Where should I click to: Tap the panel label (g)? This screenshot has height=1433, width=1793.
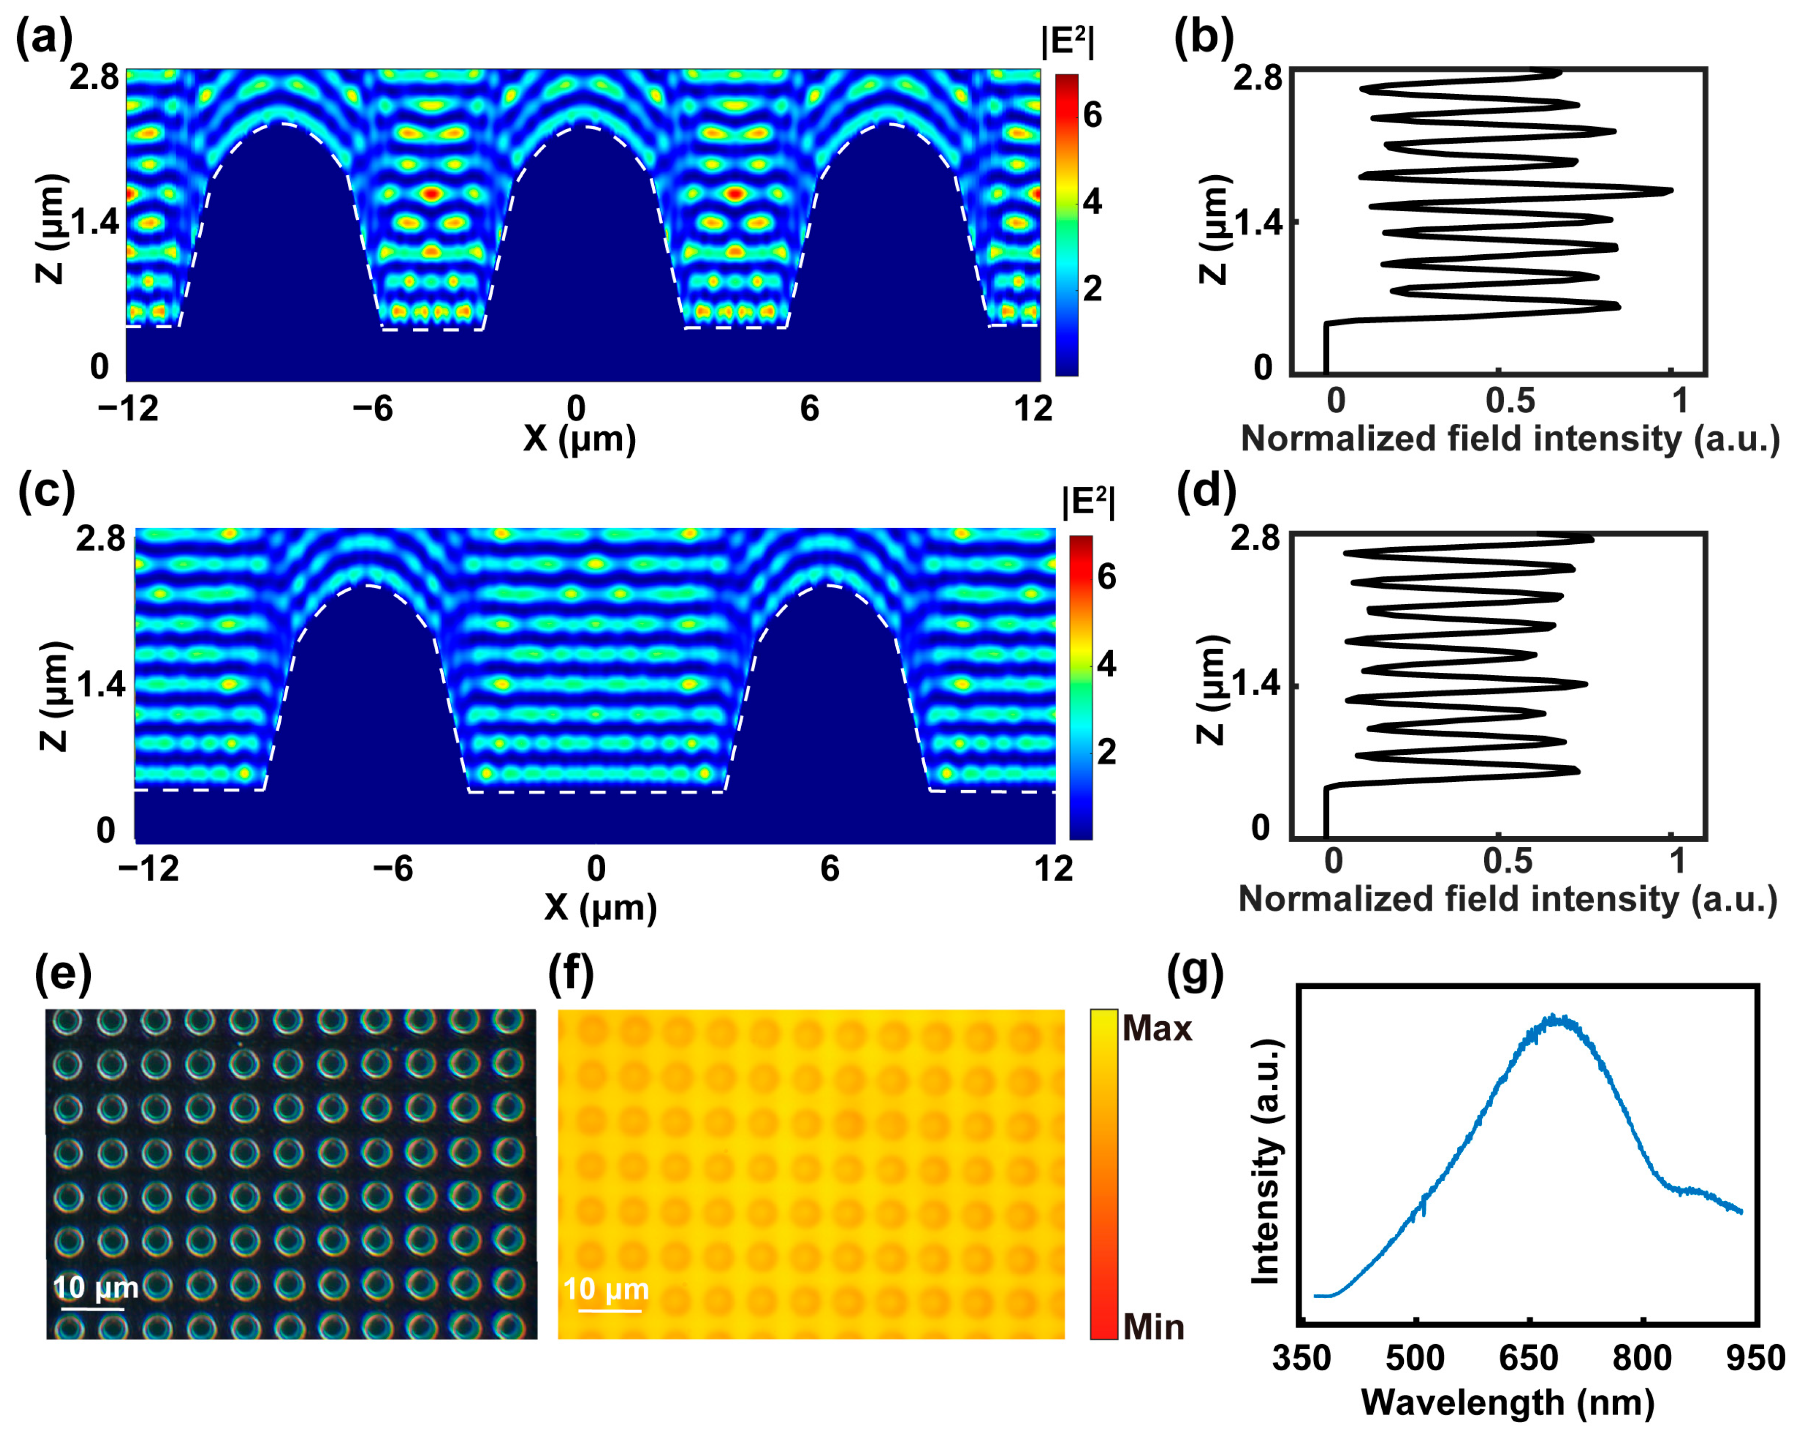[1195, 974]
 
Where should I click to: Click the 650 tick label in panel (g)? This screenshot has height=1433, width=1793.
[1528, 1358]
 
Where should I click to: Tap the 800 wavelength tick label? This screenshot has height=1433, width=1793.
[1642, 1358]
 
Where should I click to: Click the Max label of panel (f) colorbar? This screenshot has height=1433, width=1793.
[1157, 1029]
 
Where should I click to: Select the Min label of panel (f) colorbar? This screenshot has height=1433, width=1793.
[1153, 1327]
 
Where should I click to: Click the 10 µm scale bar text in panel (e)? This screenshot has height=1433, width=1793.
[96, 1287]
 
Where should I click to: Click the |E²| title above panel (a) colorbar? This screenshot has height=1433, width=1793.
[1068, 42]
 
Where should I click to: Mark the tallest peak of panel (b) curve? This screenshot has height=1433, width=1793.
[1670, 191]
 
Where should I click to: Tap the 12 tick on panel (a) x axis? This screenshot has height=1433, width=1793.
[1033, 408]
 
